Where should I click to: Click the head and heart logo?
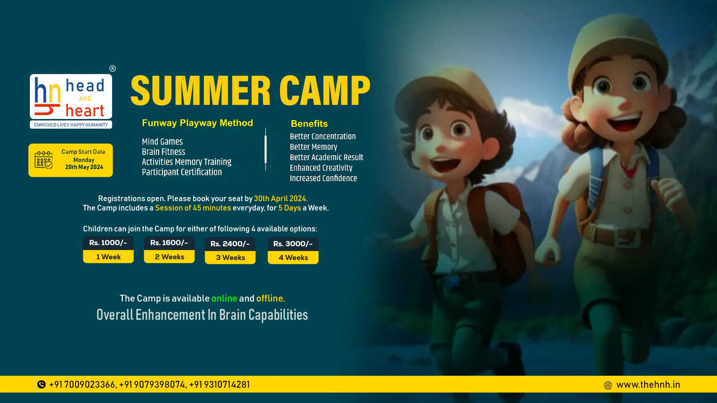(71, 101)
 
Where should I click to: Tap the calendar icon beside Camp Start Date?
(43, 160)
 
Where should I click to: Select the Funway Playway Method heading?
(197, 123)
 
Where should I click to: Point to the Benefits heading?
(309, 124)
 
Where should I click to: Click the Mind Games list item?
(162, 141)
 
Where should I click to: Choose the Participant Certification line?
(182, 172)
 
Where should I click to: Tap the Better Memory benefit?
(313, 147)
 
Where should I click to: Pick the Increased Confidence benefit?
(323, 178)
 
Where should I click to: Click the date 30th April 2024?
(281, 199)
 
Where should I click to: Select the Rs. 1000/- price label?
(108, 243)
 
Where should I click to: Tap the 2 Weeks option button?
(169, 257)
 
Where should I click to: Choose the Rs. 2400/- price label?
(230, 244)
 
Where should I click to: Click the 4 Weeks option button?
(293, 257)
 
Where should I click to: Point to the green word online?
(224, 299)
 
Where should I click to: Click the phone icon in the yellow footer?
(41, 384)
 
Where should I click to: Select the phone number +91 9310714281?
(220, 384)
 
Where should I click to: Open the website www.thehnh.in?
(648, 385)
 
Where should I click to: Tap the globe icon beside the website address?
(608, 385)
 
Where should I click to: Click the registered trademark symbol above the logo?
(112, 69)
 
